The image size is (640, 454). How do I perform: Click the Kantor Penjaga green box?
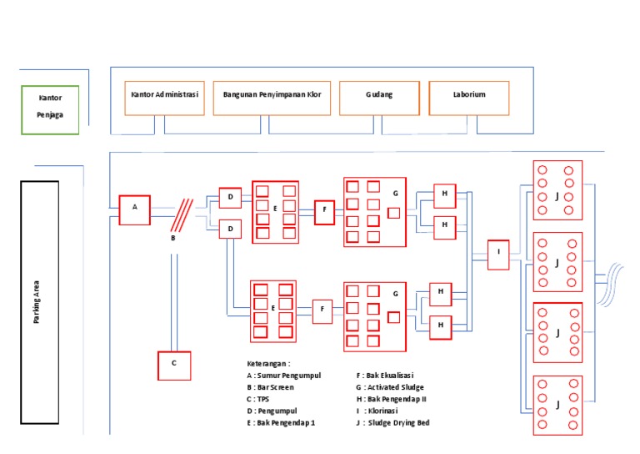tap(50, 108)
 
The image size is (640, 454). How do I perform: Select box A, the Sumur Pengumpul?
tap(134, 209)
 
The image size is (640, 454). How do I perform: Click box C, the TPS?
tap(174, 365)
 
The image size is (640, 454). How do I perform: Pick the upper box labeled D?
tap(229, 197)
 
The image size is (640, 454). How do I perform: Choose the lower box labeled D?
tap(229, 228)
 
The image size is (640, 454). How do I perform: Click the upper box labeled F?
tap(324, 211)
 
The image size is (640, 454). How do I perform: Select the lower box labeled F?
tap(322, 311)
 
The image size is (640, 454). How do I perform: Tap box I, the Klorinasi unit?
tap(497, 255)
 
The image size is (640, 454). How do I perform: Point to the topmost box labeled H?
tap(445, 195)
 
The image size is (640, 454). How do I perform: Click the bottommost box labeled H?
tap(440, 327)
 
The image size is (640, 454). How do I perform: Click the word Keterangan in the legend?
tap(267, 364)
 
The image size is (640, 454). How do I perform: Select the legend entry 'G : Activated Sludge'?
tap(389, 387)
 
